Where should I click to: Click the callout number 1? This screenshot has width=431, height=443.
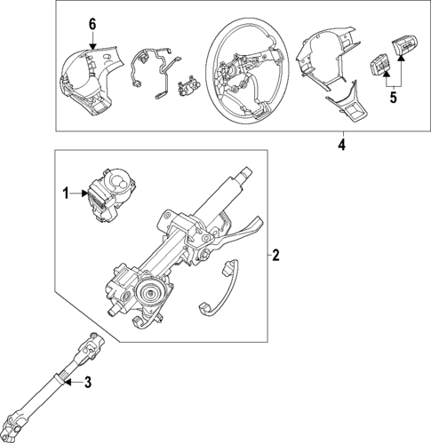coord(65,192)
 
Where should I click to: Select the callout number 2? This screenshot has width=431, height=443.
coord(275,257)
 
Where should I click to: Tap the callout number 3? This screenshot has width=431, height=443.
coord(87,383)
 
